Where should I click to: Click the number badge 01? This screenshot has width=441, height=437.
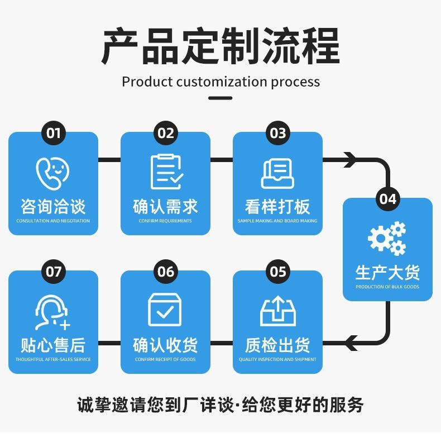(x=53, y=133)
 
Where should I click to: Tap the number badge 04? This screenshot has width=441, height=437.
(x=387, y=199)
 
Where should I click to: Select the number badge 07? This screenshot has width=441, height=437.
(x=53, y=272)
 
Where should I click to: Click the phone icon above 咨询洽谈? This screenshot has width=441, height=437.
(x=52, y=172)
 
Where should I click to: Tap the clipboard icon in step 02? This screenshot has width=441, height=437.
(x=166, y=171)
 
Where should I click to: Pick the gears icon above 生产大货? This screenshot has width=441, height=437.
(x=387, y=238)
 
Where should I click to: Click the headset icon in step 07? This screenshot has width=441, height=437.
(x=52, y=312)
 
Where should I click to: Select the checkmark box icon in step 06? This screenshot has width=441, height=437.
(x=165, y=310)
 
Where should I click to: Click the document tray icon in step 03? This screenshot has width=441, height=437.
(x=277, y=173)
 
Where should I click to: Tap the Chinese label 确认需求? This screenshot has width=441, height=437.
(x=165, y=207)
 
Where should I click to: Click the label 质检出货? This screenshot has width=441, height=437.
(x=277, y=345)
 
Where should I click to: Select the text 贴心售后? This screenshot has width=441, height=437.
(x=53, y=345)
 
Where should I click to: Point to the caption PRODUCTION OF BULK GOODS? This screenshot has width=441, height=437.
(x=387, y=287)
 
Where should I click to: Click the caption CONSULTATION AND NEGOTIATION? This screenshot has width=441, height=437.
(x=53, y=221)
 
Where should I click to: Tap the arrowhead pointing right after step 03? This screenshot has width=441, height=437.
(x=350, y=160)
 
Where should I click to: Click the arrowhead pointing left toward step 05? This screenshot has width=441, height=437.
(x=351, y=342)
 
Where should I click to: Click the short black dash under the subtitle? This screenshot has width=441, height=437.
(x=220, y=98)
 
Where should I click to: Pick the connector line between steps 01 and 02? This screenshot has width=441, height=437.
(x=109, y=160)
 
